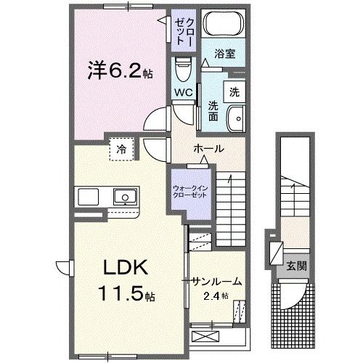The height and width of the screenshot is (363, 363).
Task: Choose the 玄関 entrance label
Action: pyautogui.click(x=295, y=266)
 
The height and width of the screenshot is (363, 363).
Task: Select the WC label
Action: pyautogui.click(x=181, y=93)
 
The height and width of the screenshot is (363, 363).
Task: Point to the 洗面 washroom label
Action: pyautogui.click(x=213, y=111)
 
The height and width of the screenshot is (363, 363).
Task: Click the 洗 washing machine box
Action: pyautogui.click(x=234, y=92)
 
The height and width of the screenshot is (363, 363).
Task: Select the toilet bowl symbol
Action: pyautogui.click(x=182, y=70)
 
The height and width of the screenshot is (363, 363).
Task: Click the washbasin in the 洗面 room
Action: pyautogui.click(x=234, y=120)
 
